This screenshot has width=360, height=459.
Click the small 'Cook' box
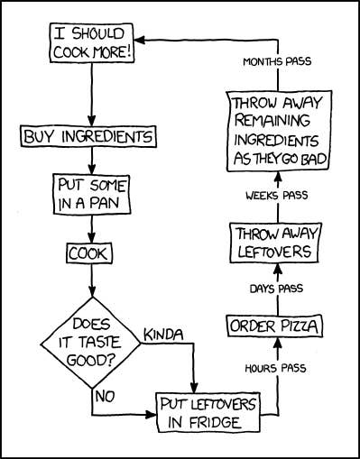(x=89, y=253)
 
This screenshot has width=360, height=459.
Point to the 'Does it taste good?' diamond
(x=90, y=342)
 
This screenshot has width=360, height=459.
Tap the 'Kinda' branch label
(x=163, y=335)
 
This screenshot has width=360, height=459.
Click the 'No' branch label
(x=106, y=394)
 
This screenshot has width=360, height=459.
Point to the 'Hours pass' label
(x=275, y=368)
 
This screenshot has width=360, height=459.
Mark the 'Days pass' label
(x=275, y=288)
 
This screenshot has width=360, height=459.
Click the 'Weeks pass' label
(x=275, y=195)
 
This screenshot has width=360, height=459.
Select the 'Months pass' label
(x=276, y=62)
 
